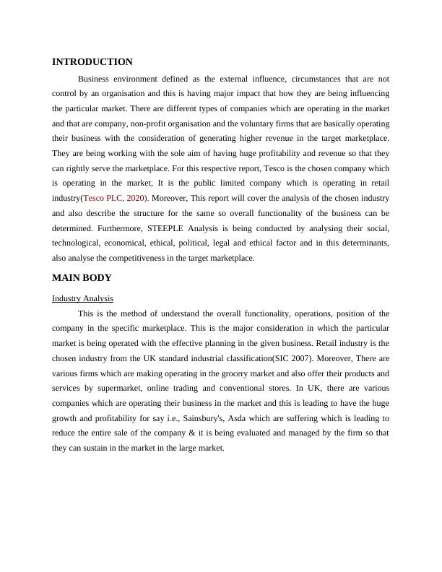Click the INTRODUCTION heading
pos(92,62)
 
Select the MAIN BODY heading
pos(82,278)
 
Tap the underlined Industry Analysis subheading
pos(82,298)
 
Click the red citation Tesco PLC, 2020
pos(116,198)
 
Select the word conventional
pos(233,389)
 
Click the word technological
pos(81,243)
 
